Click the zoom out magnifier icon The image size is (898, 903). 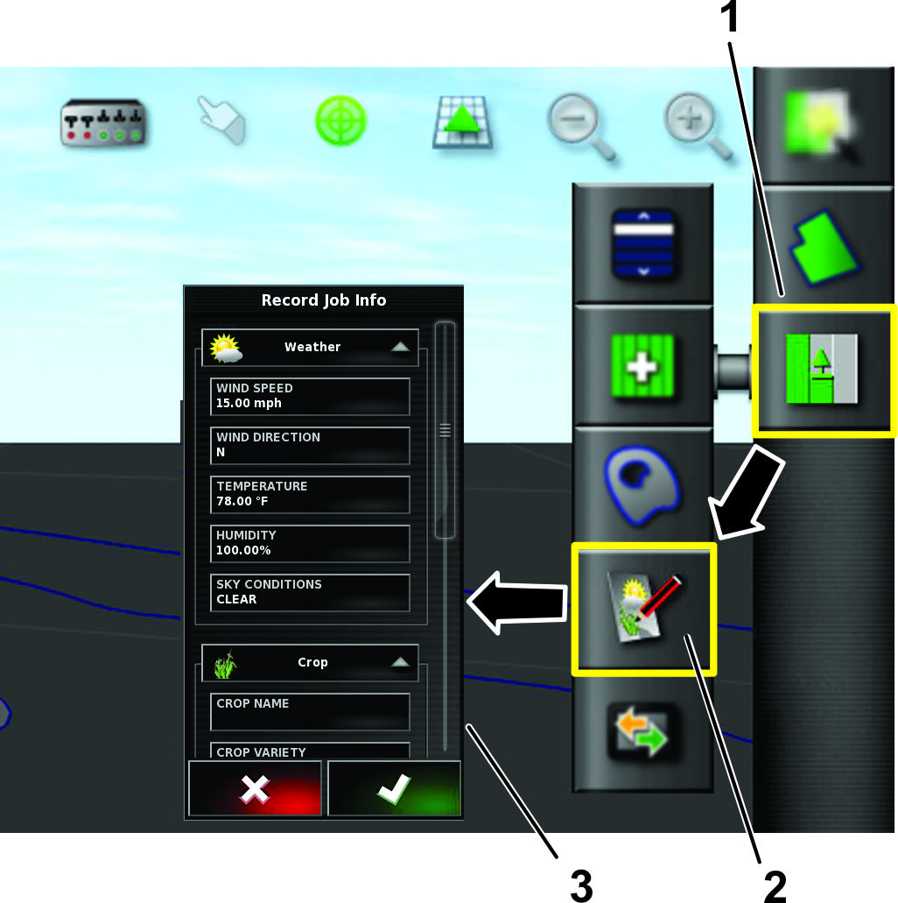[581, 125]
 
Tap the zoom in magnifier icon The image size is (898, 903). [698, 125]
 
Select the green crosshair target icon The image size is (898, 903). [340, 121]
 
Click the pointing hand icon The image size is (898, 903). [221, 120]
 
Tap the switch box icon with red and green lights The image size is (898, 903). [103, 122]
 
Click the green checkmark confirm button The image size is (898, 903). [395, 787]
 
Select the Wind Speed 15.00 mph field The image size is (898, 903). [310, 396]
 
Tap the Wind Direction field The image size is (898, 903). [310, 445]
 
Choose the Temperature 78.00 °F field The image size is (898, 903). [310, 494]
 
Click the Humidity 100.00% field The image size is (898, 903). [310, 543]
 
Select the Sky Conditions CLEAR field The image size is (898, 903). [310, 592]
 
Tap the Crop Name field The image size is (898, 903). [310, 711]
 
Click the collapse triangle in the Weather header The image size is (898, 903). [400, 347]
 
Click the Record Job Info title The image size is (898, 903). [324, 300]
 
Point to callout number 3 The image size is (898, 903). [581, 885]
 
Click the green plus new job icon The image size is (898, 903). [642, 366]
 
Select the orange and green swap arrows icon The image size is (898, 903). [642, 732]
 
